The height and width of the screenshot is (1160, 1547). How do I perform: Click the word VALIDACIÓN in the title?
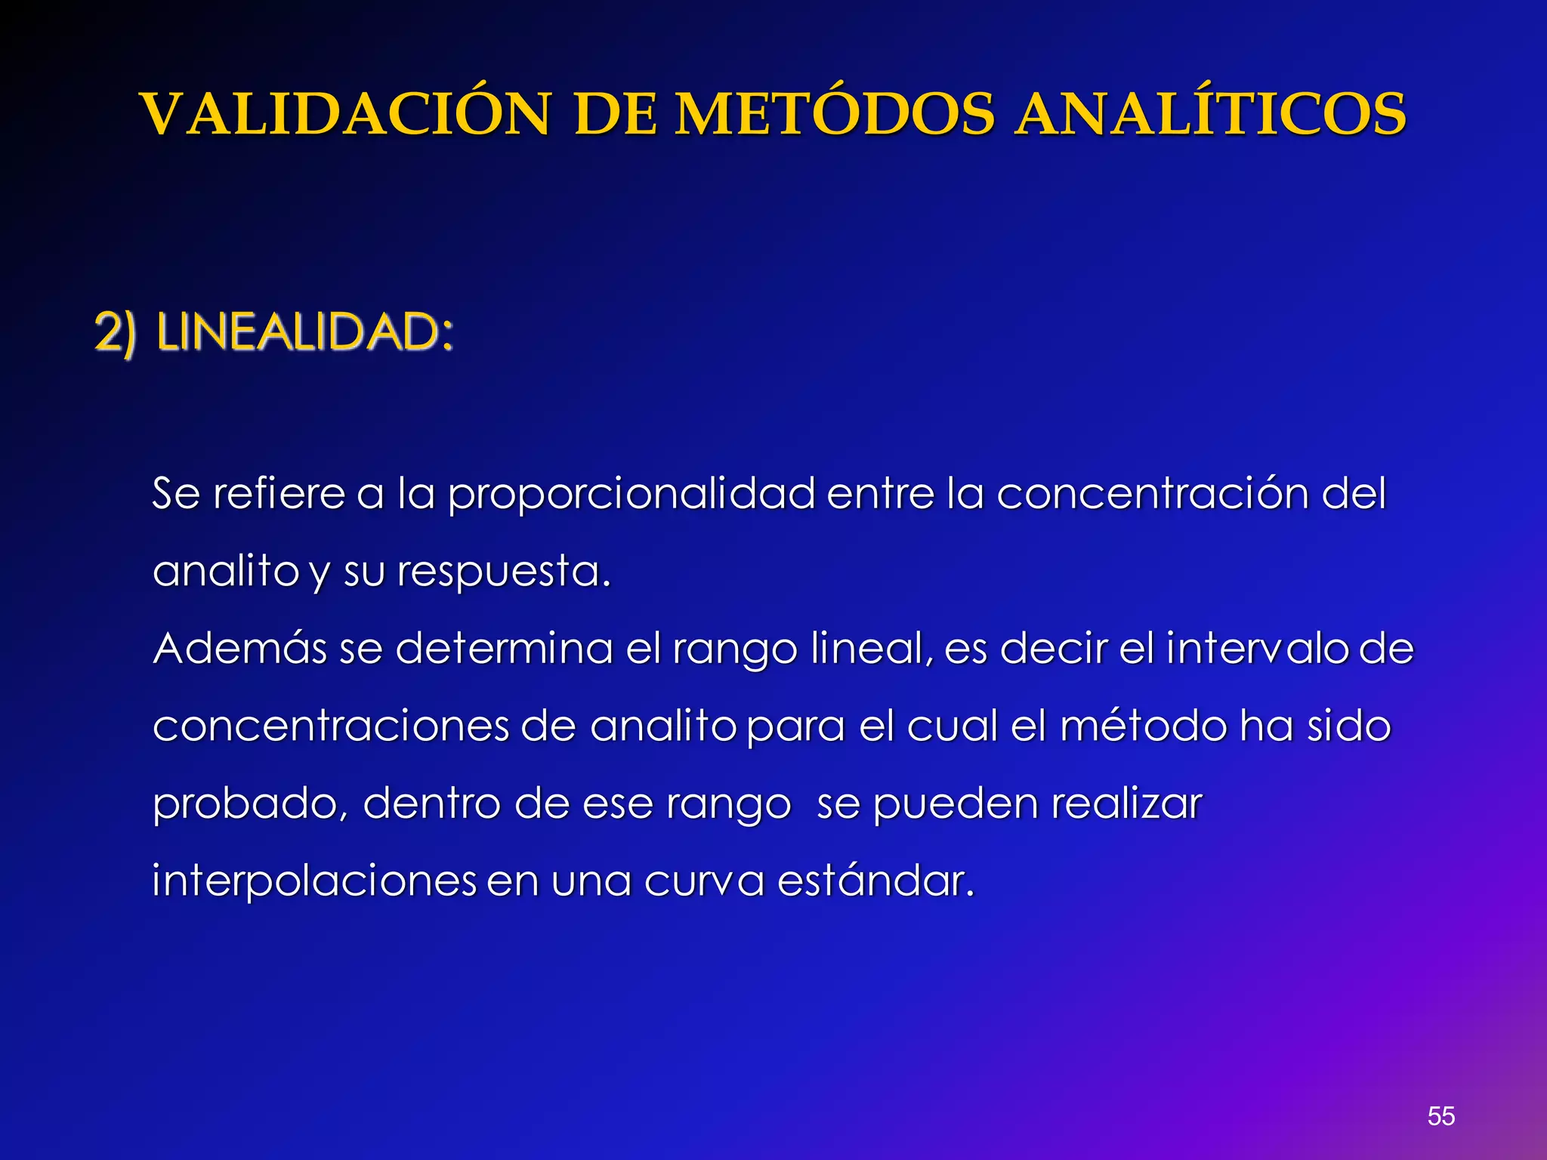tap(346, 115)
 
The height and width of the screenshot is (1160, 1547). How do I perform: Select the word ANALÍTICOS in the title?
tap(1209, 115)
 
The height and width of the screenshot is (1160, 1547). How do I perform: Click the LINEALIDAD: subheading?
tap(305, 332)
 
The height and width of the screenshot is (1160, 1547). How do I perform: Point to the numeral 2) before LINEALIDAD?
tap(115, 332)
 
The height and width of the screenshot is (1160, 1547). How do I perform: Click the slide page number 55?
tap(1440, 1116)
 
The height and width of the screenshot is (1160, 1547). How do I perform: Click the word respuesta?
tap(503, 572)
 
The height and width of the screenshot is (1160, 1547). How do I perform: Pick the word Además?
tap(239, 648)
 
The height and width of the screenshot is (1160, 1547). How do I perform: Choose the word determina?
tap(504, 648)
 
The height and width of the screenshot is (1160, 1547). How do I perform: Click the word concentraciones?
tap(331, 727)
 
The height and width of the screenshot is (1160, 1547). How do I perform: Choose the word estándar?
tap(875, 881)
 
